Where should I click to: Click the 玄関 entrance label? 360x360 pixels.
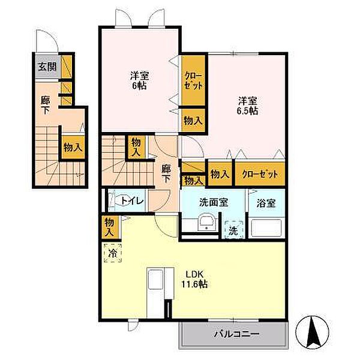tap(47, 67)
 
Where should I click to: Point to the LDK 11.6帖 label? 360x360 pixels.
tap(196, 280)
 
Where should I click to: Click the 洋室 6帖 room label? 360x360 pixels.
tap(140, 80)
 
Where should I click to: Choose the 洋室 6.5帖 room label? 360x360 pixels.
tap(246, 106)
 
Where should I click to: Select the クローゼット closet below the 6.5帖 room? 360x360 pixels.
tap(260, 174)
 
